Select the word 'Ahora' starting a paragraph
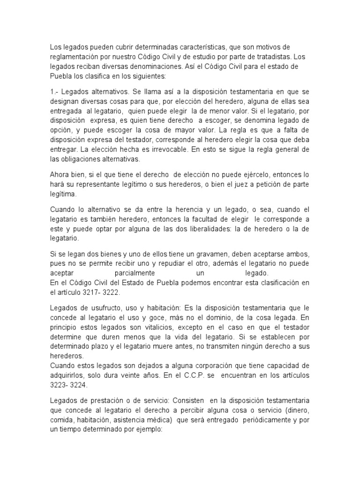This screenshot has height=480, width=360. tap(60, 175)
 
